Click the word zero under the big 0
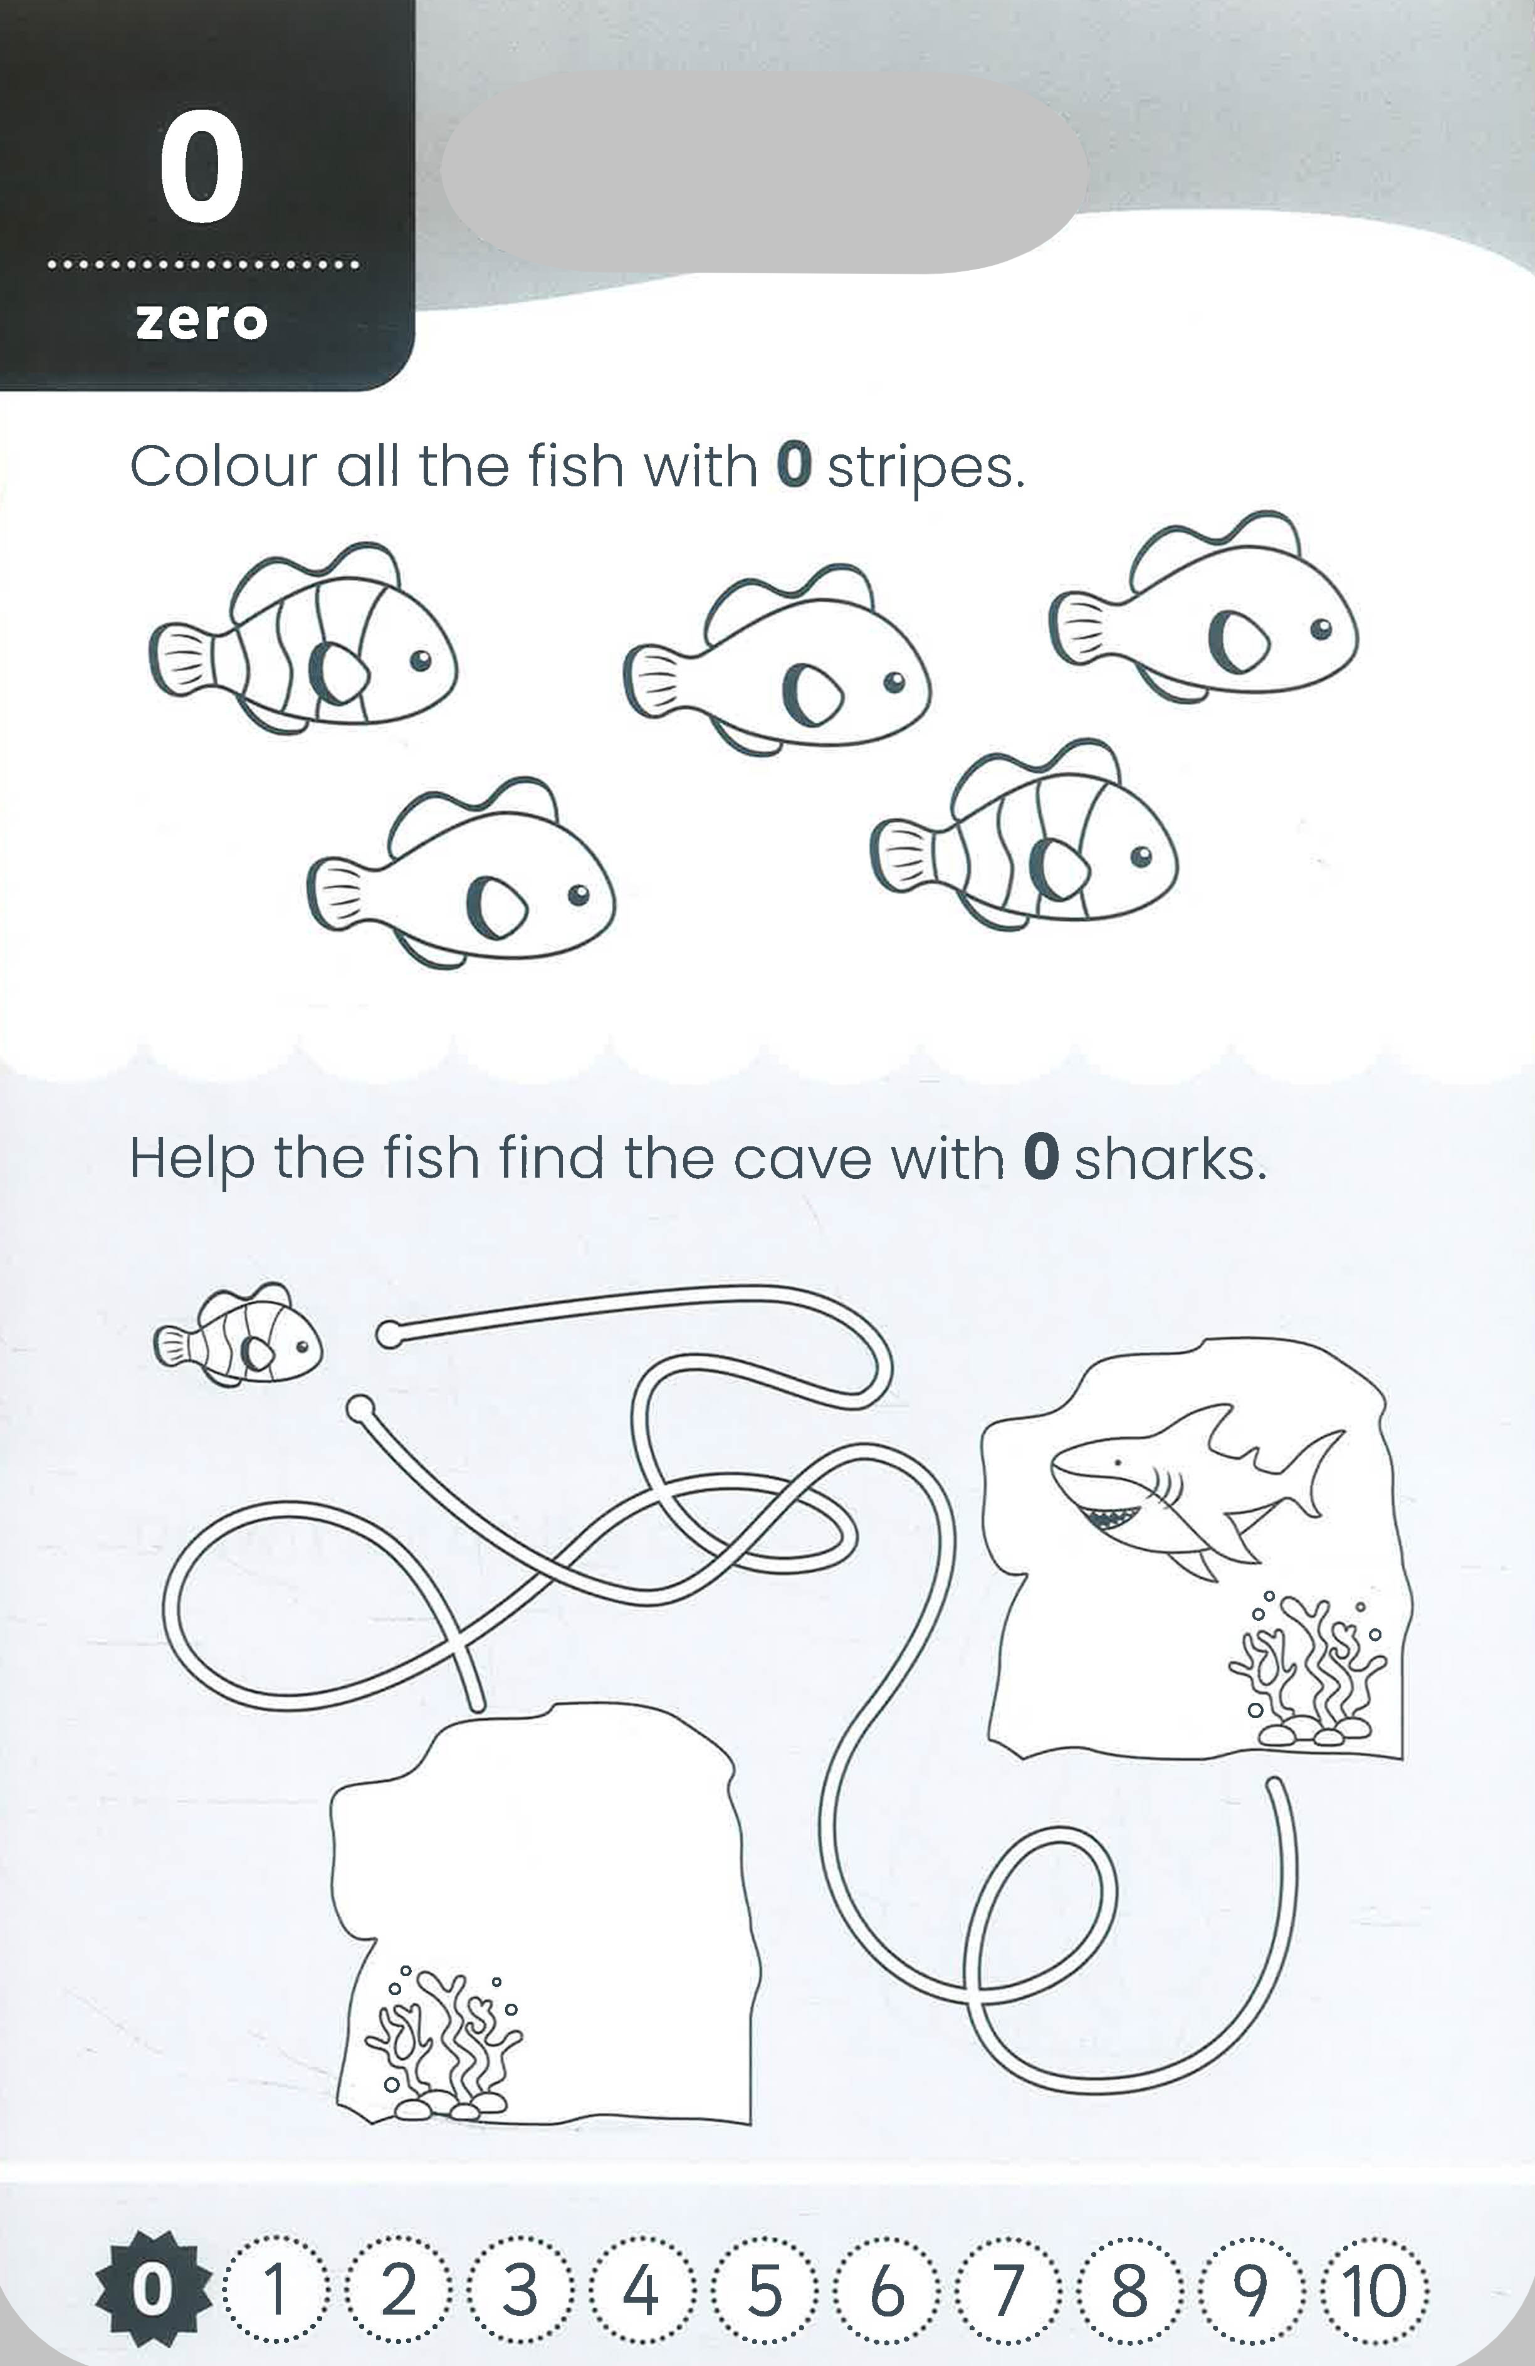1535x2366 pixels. click(202, 321)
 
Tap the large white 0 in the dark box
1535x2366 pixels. click(202, 169)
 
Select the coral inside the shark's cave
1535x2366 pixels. click(1307, 1671)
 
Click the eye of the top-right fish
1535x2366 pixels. click(1320, 628)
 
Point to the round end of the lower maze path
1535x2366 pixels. click(360, 1409)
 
